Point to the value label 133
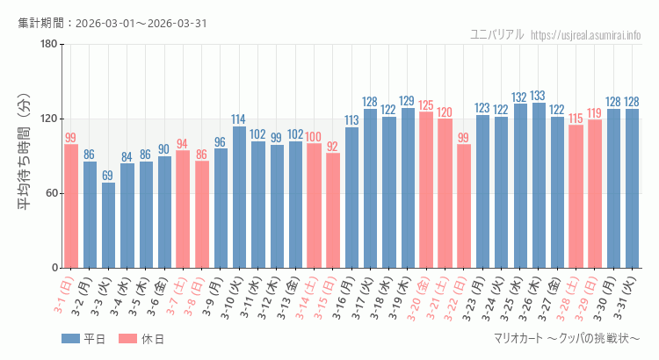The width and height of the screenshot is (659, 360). [539, 96]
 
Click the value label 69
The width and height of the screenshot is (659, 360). [108, 176]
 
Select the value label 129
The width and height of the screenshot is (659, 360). [408, 101]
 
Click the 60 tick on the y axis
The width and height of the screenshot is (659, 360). [51, 193]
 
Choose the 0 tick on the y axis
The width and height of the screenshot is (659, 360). [54, 268]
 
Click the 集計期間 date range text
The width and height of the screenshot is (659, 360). [112, 23]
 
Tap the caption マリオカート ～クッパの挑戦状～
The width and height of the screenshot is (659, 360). [568, 339]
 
